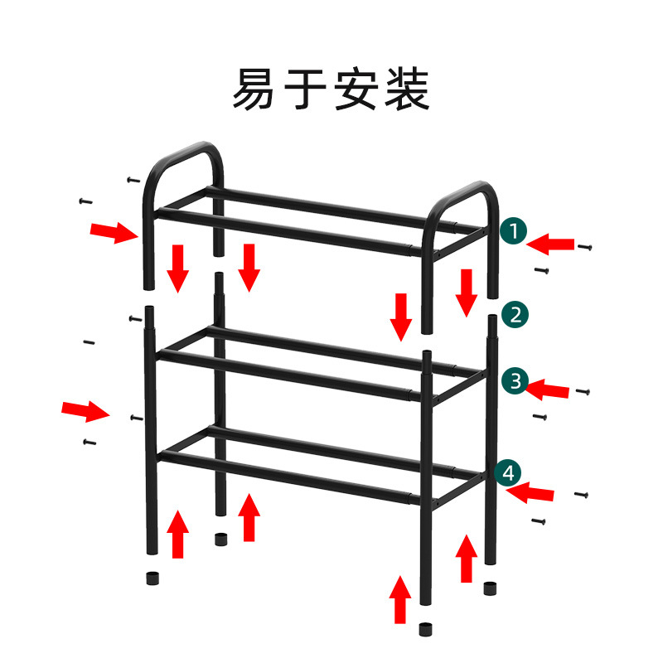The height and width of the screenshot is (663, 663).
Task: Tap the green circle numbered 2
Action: pos(515,314)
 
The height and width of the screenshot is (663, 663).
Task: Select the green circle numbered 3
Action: pos(515,381)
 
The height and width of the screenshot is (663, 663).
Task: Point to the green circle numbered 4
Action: pos(508,473)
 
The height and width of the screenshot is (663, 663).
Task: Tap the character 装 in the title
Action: pos(406,90)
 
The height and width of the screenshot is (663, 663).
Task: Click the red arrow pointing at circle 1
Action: pos(550,244)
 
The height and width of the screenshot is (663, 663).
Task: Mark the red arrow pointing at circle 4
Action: pos(530,494)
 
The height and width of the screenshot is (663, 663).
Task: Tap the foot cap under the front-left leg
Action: pos(152,577)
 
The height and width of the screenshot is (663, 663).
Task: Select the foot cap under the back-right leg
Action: pos(491,589)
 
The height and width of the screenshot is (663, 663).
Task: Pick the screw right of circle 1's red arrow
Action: pos(586,246)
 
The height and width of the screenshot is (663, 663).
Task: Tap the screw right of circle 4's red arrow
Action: pos(582,495)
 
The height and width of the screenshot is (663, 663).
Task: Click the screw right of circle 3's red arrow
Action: pos(582,391)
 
